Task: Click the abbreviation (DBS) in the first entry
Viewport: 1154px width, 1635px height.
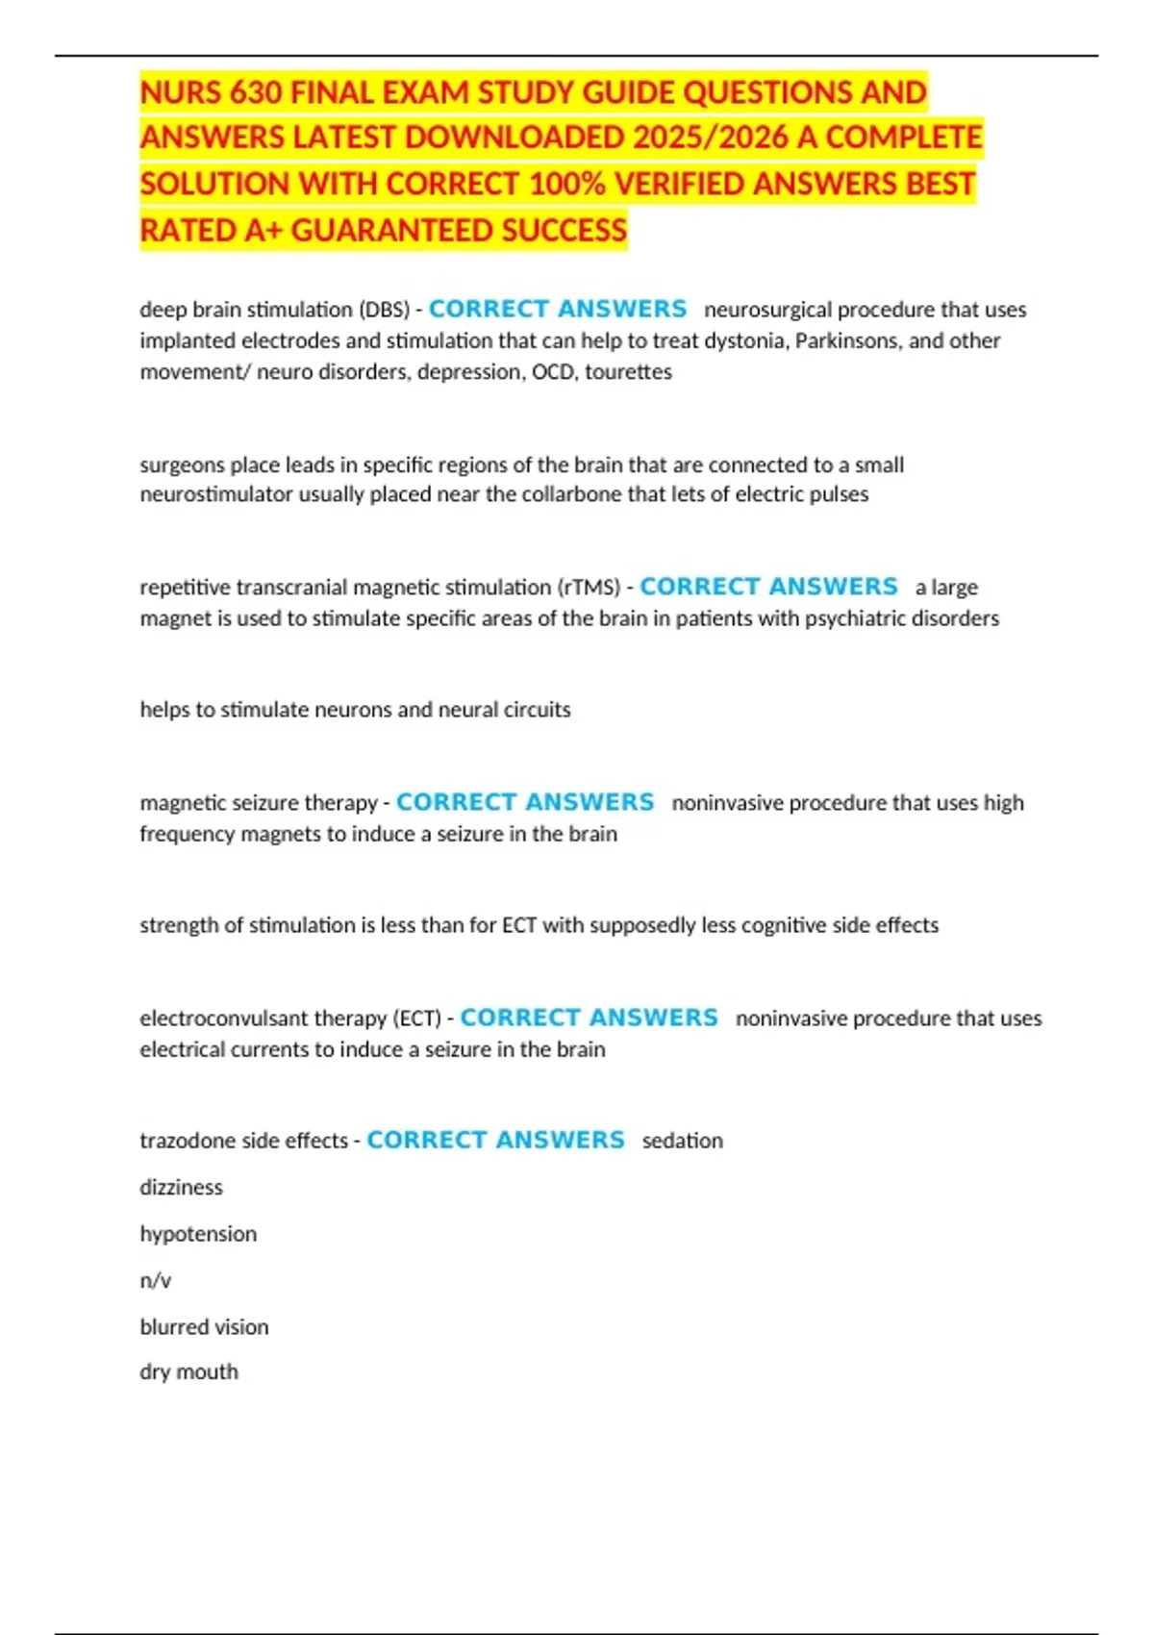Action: (x=384, y=310)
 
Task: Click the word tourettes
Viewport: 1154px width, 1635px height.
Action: (x=628, y=371)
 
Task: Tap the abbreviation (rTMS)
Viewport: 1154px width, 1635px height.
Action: (x=589, y=587)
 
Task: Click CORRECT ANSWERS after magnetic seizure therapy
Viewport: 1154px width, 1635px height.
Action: (x=525, y=802)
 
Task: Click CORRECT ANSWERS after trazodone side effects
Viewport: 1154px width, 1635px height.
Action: (x=495, y=1140)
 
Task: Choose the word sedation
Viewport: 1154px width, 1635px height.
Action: (x=682, y=1141)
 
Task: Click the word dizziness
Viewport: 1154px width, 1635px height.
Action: (x=181, y=1187)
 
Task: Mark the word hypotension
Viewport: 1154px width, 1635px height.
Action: (x=198, y=1234)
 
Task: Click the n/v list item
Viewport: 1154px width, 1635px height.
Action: (x=156, y=1280)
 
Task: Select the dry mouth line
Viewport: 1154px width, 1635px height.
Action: (x=188, y=1371)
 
